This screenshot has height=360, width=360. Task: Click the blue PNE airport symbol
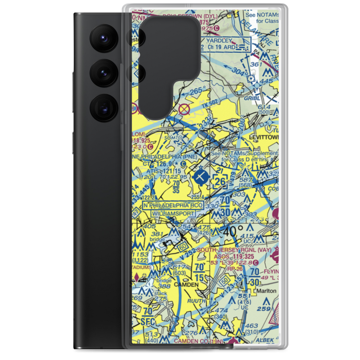pos(200,176)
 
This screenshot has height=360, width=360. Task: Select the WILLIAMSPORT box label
pos(173,213)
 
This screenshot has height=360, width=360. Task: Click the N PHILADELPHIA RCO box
pos(173,205)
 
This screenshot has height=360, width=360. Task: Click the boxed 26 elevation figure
pos(220,181)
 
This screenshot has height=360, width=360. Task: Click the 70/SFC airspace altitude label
pos(147,315)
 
